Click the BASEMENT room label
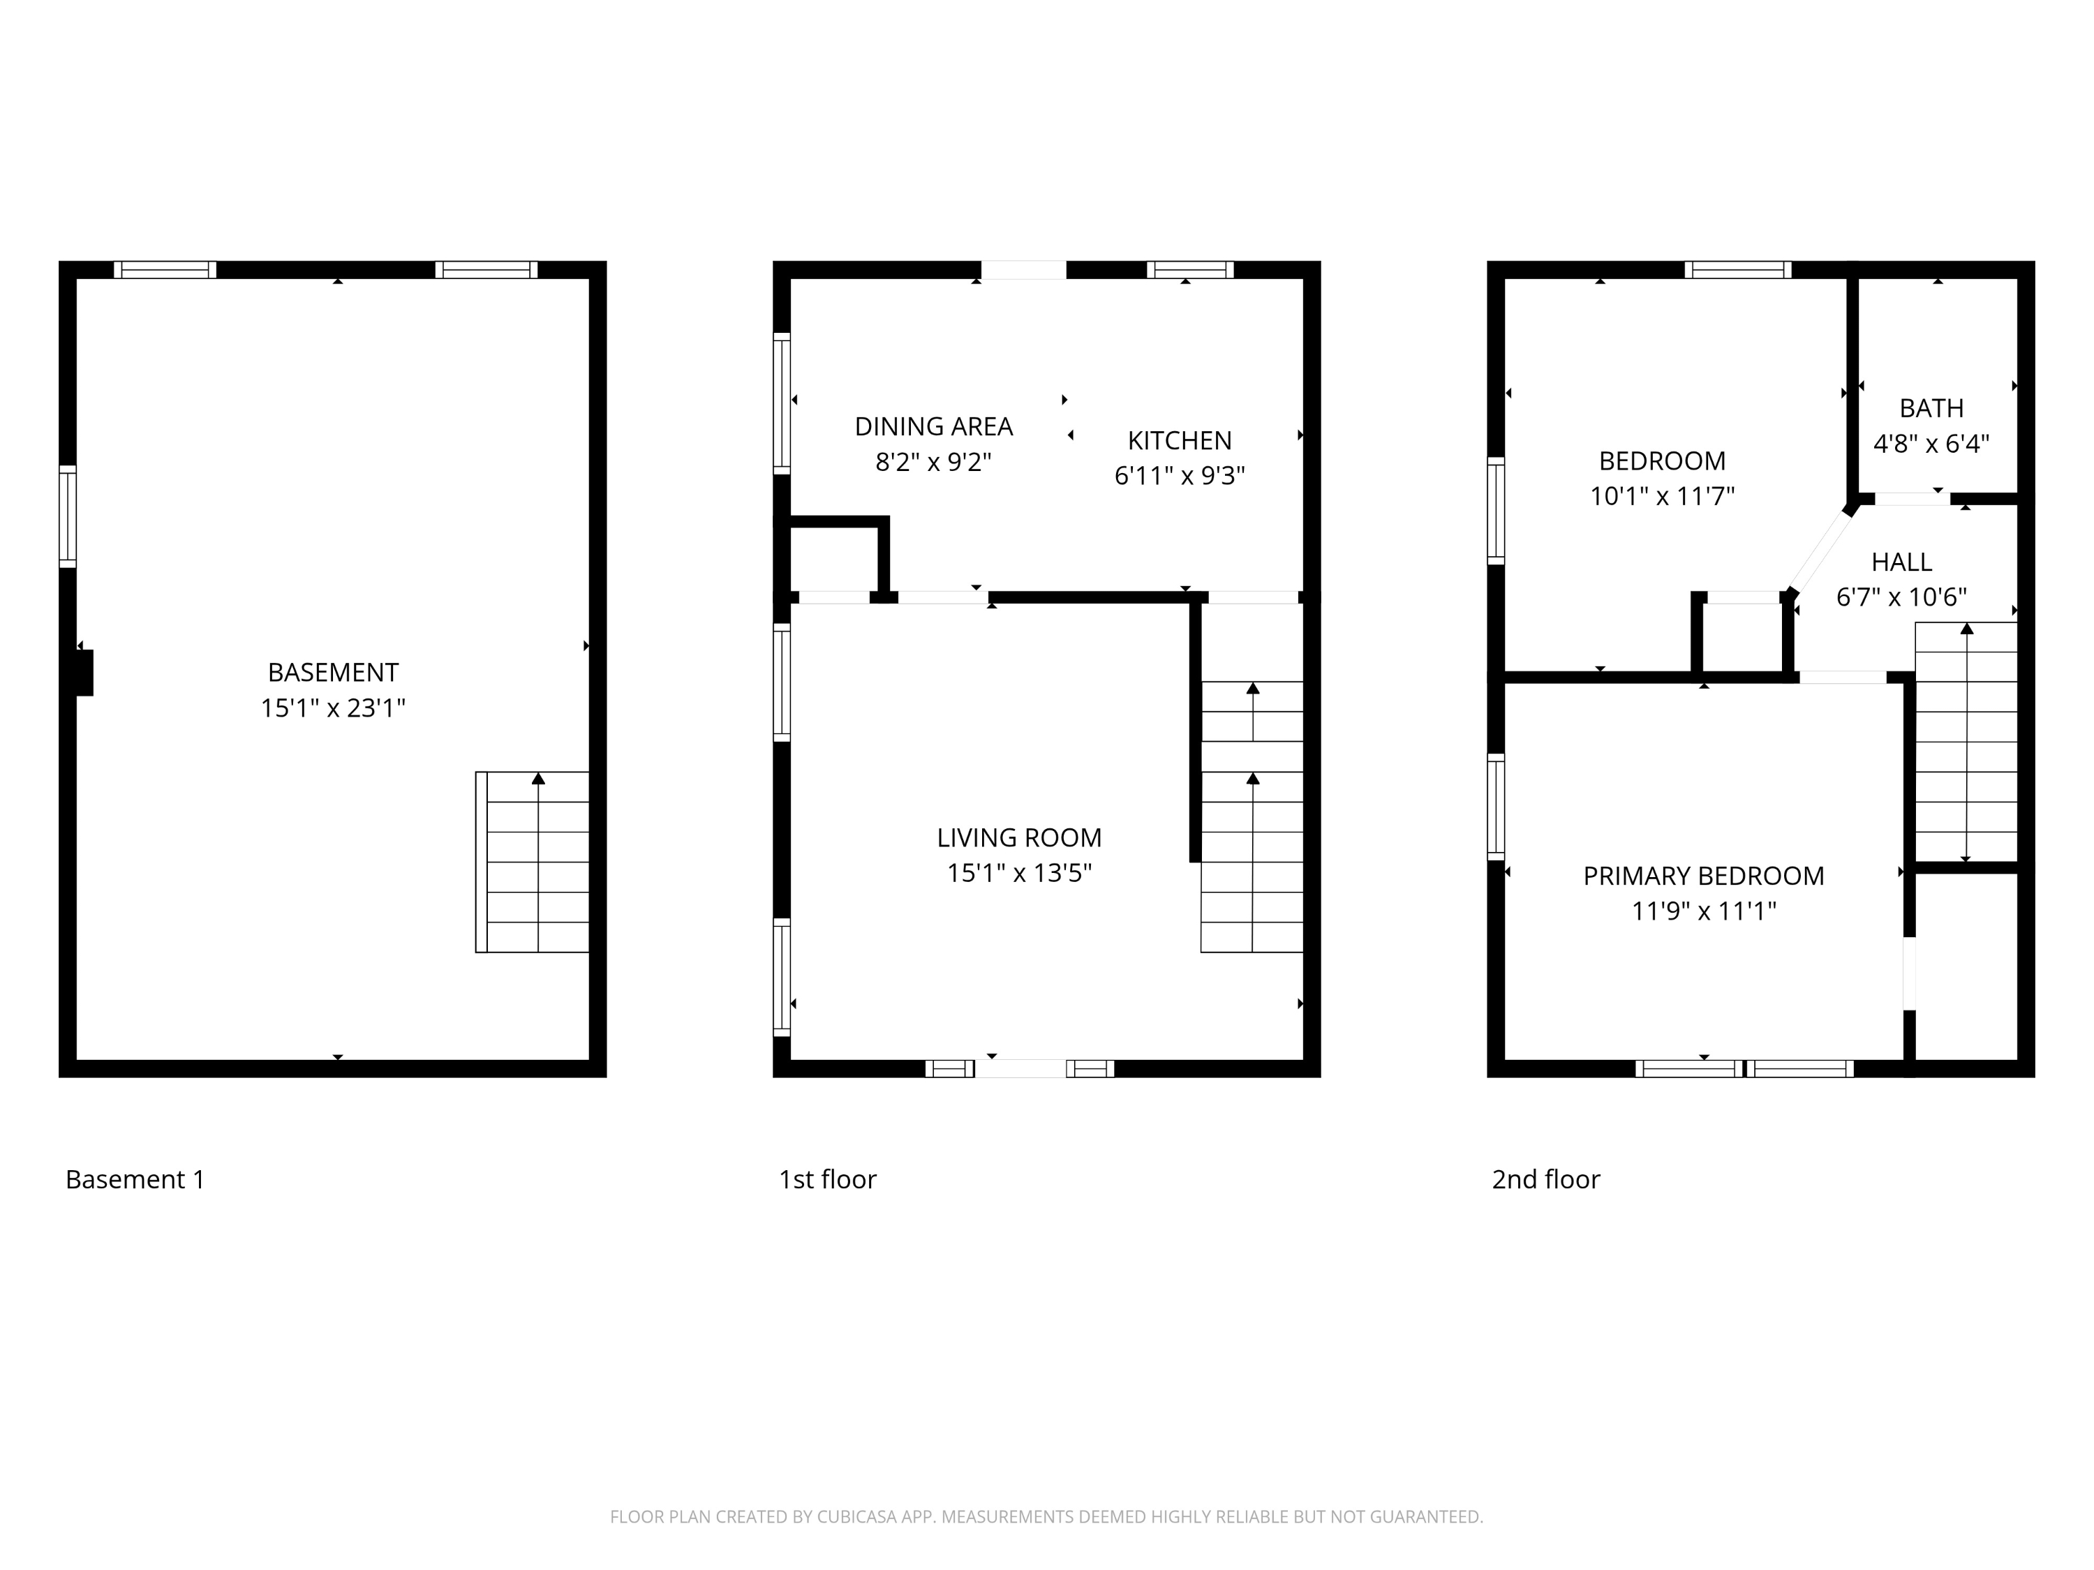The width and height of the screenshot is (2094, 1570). coord(333,672)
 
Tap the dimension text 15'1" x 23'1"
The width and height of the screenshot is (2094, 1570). coord(333,708)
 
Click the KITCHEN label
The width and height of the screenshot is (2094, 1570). coord(1180,440)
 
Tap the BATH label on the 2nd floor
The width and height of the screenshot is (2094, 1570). coord(1931,408)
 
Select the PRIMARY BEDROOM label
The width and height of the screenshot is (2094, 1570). coord(1703,876)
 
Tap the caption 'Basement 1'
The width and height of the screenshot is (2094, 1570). coord(135,1179)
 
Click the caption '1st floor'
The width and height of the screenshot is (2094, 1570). coord(827,1179)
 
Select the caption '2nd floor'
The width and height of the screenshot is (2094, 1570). coord(1546,1179)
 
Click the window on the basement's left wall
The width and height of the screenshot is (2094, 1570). coord(67,517)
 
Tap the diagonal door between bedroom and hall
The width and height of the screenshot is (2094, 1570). coord(1820,551)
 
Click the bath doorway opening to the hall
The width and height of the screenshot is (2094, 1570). coord(1911,499)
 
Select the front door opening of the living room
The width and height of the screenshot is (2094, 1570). coord(1020,1068)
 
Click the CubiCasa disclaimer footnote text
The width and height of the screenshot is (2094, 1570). coord(1046,1517)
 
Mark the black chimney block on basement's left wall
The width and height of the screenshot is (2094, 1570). coord(84,673)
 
